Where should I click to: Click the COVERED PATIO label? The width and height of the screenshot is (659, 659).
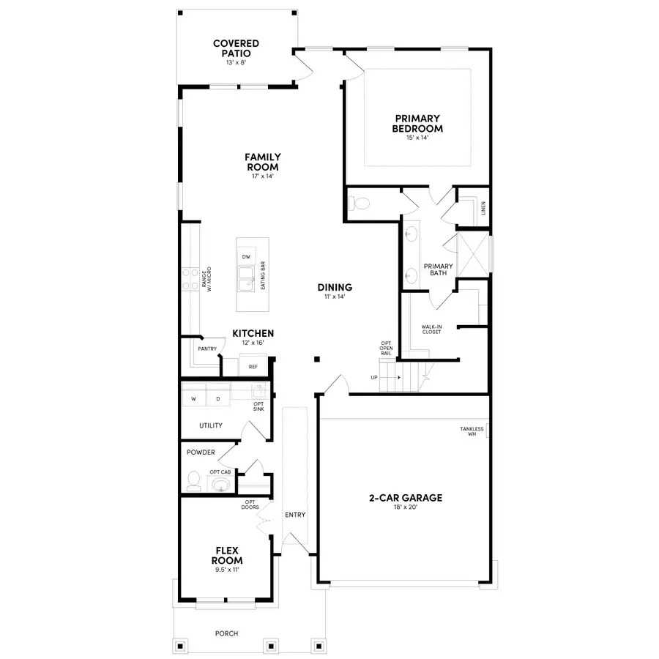(x=236, y=48)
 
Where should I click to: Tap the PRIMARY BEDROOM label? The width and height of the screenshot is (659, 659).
(x=417, y=123)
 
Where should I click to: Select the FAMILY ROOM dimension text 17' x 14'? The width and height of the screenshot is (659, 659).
(x=262, y=176)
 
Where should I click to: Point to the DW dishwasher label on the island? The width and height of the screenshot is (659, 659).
(x=247, y=257)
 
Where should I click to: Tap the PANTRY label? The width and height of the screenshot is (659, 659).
(x=206, y=349)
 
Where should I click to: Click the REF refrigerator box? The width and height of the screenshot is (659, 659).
(x=253, y=367)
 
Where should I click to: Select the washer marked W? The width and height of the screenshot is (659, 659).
(x=194, y=400)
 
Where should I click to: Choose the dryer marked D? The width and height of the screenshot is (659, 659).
(x=217, y=400)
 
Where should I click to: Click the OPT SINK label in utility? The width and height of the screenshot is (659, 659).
(x=258, y=406)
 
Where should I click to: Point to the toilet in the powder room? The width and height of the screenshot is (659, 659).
(x=193, y=480)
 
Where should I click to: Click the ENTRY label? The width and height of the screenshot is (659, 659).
(x=295, y=515)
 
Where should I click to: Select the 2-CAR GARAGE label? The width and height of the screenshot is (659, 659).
(x=405, y=498)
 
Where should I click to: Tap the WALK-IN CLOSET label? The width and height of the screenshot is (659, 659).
(x=431, y=329)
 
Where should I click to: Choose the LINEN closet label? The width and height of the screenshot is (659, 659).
(x=483, y=209)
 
